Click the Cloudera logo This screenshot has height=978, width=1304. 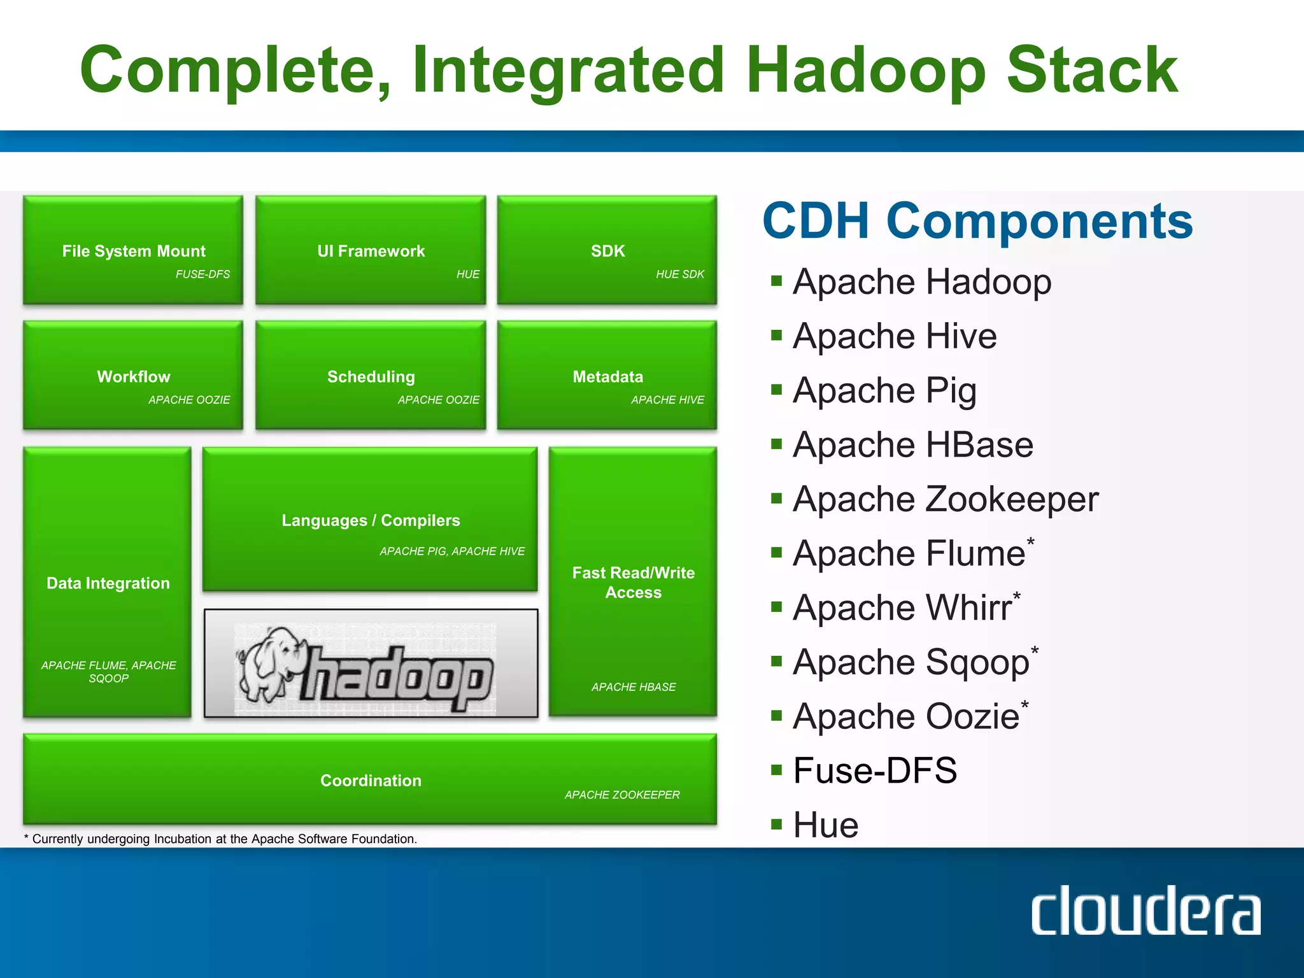(1145, 911)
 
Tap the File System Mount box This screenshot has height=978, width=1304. (133, 250)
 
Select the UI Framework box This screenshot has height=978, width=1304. (371, 250)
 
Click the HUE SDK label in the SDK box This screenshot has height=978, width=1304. (679, 274)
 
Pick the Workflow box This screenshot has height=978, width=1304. (133, 376)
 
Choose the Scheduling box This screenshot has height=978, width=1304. (371, 376)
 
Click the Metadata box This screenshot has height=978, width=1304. (607, 376)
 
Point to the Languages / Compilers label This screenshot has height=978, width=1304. (371, 520)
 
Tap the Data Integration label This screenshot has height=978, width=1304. (108, 583)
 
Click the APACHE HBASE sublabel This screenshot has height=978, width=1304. (633, 687)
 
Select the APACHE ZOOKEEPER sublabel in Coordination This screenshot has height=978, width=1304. (621, 795)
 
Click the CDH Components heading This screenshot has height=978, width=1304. (977, 221)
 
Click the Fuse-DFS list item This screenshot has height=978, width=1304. (874, 770)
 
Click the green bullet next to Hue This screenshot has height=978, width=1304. (776, 825)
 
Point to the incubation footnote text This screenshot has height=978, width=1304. (221, 839)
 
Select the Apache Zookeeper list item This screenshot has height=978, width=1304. (945, 499)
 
